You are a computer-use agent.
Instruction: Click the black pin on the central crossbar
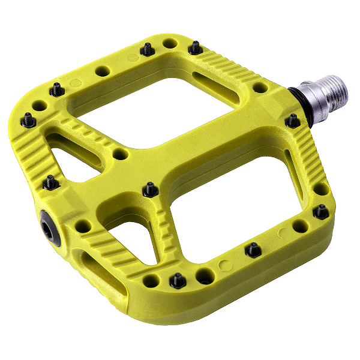[x=149, y=190]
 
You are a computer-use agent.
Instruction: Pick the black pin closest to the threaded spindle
[x=292, y=121]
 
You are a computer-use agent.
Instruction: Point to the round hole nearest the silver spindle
[x=260, y=88]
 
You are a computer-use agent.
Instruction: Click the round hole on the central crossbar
[x=121, y=154]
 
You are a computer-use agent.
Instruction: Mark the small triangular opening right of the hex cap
[x=135, y=237]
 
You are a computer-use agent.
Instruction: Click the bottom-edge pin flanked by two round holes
[x=178, y=280]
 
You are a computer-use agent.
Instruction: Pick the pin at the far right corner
[x=322, y=211]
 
